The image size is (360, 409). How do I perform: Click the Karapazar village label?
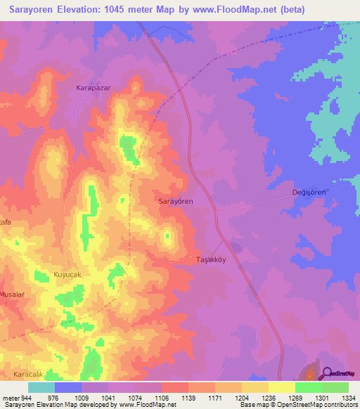point(94,89)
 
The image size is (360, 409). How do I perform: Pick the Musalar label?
point(13,294)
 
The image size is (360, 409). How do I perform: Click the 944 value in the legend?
point(25,397)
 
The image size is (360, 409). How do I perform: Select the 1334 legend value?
point(347,397)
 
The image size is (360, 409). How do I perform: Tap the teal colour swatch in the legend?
point(41,387)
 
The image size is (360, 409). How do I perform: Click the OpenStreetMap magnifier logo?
point(328,374)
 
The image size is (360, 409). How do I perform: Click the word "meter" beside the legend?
point(9,397)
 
